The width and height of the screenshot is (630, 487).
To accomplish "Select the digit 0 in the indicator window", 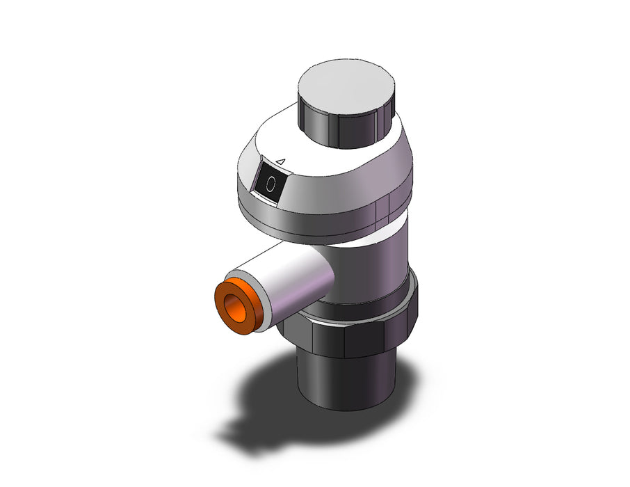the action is pyautogui.click(x=271, y=184).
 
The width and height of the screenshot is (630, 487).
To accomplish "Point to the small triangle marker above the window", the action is pyautogui.click(x=281, y=161).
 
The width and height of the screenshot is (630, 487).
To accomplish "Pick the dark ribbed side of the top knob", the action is pyautogui.click(x=346, y=129).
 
